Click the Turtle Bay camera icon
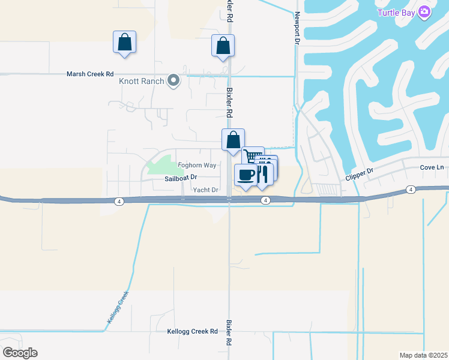(x=425, y=12)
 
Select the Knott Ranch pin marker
(x=173, y=80)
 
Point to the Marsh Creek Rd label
(x=89, y=74)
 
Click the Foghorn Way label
(x=197, y=166)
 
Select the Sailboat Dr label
(x=181, y=178)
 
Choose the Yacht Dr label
(x=205, y=190)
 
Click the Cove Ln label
(x=432, y=168)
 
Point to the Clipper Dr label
(x=360, y=175)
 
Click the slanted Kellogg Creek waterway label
(x=118, y=308)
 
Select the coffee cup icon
(x=245, y=175)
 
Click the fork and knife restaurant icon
(x=262, y=174)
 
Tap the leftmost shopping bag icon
(x=124, y=42)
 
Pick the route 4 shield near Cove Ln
(x=411, y=190)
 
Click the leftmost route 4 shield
(x=120, y=202)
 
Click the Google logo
(x=20, y=352)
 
